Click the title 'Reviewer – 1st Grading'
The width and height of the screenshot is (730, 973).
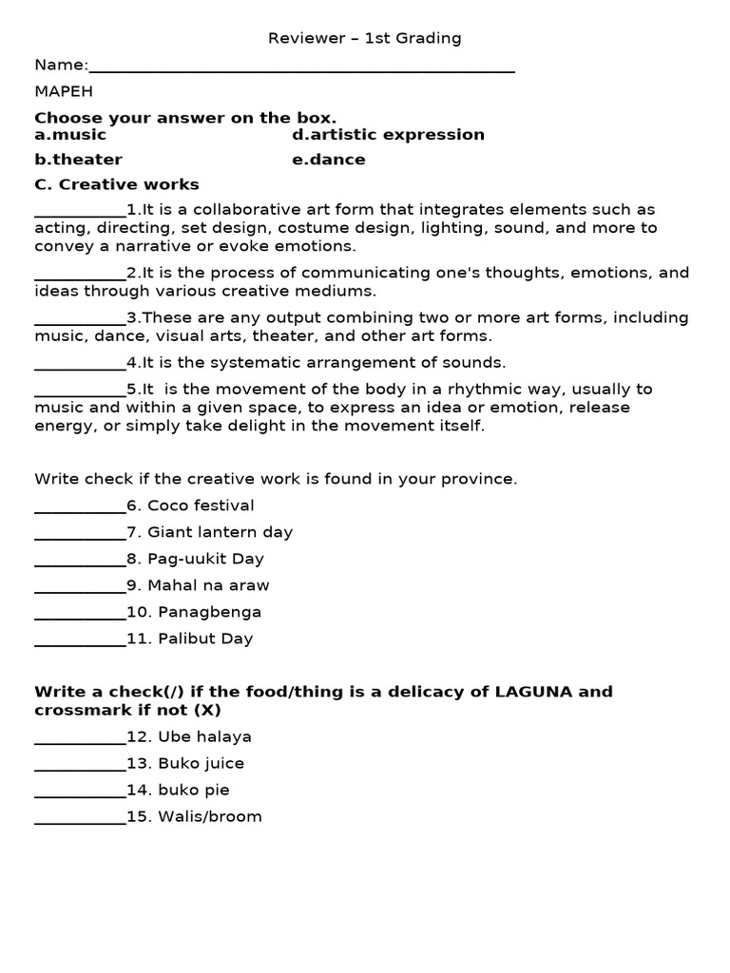(x=364, y=38)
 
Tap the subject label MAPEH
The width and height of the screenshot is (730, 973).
(x=64, y=91)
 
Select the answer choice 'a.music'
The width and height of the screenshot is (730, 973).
(x=70, y=135)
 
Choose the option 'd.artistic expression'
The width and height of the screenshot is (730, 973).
(x=388, y=135)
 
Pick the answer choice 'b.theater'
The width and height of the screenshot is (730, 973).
(x=78, y=160)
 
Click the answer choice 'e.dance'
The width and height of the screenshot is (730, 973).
(x=328, y=160)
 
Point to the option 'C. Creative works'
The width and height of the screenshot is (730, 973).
(x=117, y=184)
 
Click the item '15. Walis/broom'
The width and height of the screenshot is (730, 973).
(x=194, y=817)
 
